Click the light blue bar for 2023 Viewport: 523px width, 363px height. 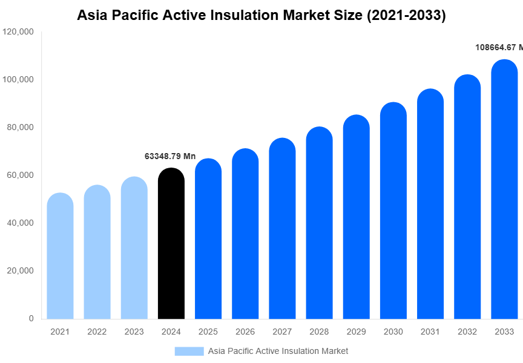coord(134,248)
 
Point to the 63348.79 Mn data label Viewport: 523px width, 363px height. coord(170,156)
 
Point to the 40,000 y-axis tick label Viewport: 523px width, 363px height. coord(19,223)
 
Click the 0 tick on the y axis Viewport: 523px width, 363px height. coord(31,318)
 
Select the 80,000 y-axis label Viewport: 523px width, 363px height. coord(19,128)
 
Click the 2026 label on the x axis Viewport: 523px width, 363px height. coord(245,332)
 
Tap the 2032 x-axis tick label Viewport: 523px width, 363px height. coord(467,332)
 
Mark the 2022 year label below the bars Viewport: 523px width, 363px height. coord(97,332)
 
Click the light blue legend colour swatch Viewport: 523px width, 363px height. coord(189,351)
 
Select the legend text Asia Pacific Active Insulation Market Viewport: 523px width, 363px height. coord(278,351)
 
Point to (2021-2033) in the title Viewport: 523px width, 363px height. coord(406,16)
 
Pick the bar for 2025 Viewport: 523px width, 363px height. coord(208,239)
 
